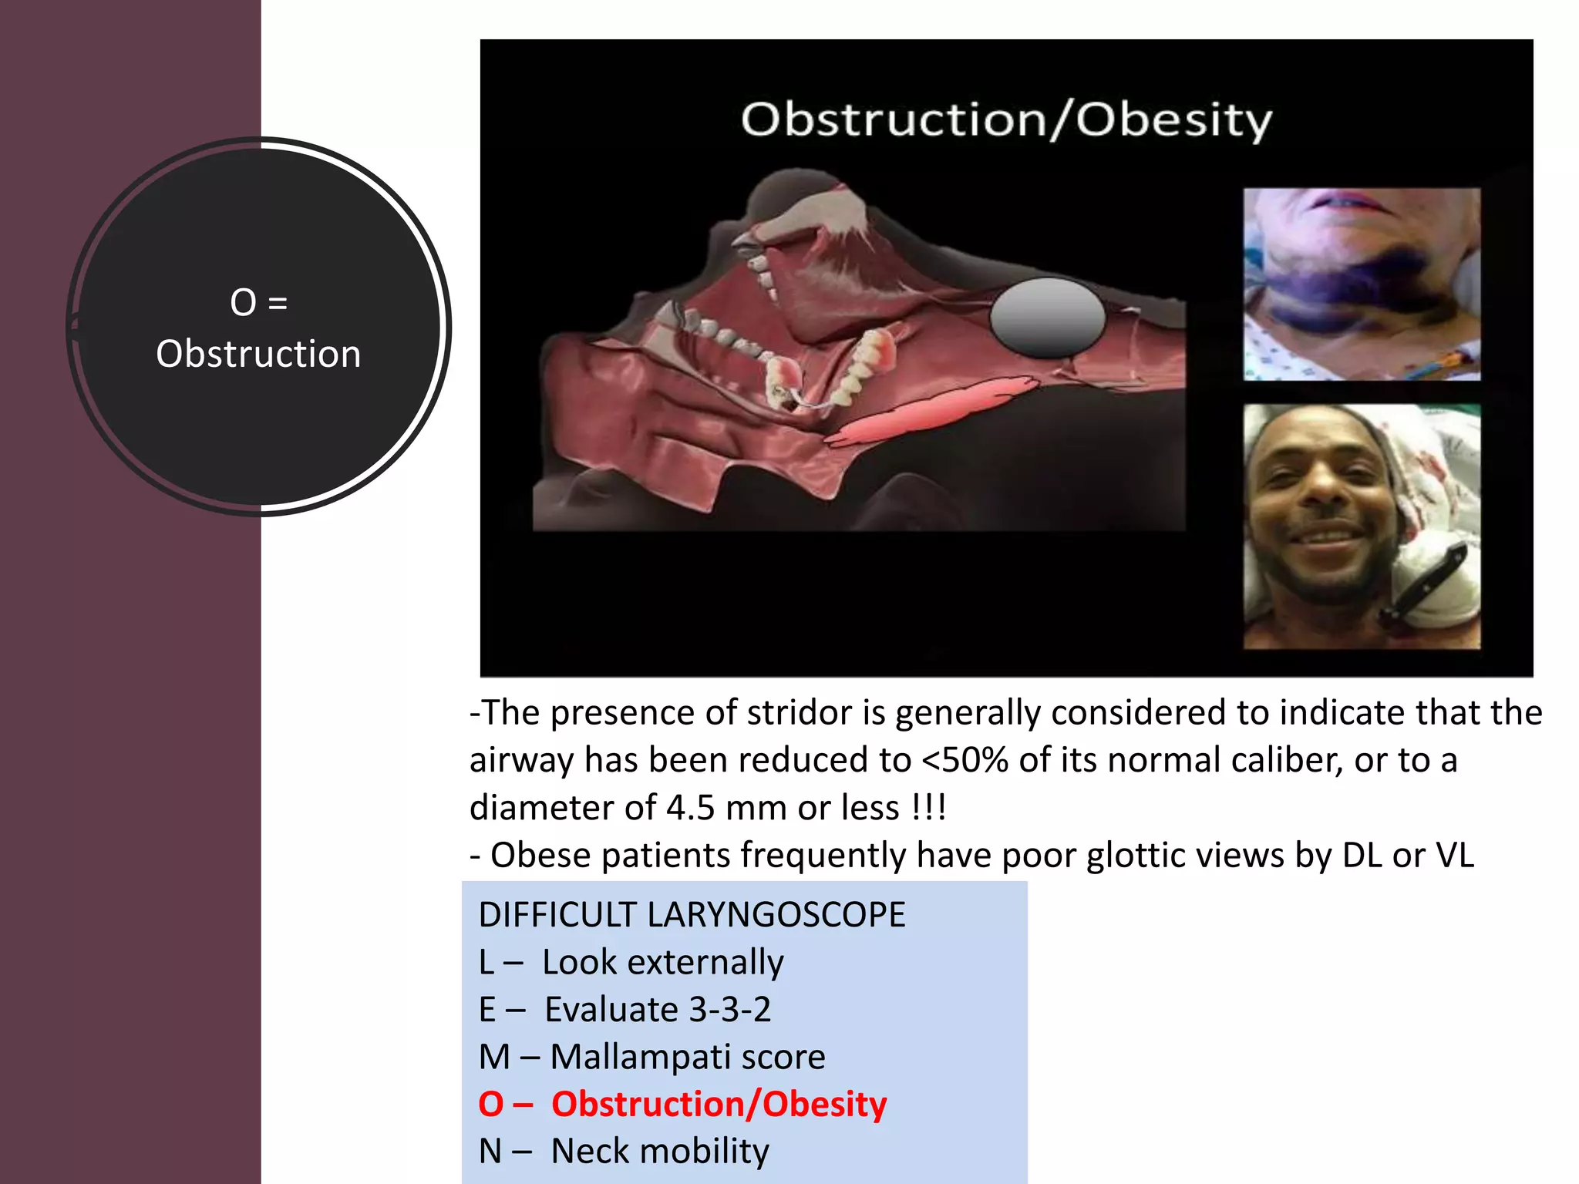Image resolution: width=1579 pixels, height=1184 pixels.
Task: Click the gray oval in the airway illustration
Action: click(1047, 318)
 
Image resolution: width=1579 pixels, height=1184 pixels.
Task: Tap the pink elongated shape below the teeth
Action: click(933, 409)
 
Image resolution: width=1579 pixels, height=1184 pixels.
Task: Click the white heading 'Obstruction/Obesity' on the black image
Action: click(1006, 120)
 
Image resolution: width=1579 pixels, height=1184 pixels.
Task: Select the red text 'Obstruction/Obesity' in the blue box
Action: click(719, 1104)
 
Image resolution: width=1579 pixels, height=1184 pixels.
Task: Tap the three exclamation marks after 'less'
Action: click(928, 808)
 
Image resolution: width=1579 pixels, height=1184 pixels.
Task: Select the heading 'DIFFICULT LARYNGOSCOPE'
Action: click(692, 915)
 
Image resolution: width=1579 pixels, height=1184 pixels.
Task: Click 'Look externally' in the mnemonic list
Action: click(662, 962)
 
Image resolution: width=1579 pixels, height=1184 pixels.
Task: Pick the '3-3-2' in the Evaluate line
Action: click(729, 1010)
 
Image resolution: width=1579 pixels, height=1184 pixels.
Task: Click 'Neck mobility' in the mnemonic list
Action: click(660, 1152)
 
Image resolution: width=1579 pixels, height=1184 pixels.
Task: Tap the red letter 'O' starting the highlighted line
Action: click(491, 1104)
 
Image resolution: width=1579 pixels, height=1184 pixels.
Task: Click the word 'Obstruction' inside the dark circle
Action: click(258, 354)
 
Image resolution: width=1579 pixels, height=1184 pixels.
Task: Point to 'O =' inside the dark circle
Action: click(258, 302)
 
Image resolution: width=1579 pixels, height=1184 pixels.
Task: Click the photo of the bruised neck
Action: click(1361, 284)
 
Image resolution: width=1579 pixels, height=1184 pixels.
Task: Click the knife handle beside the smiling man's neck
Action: click(1426, 582)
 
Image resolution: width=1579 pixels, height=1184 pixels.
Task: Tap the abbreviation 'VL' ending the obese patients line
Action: click(1454, 856)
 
